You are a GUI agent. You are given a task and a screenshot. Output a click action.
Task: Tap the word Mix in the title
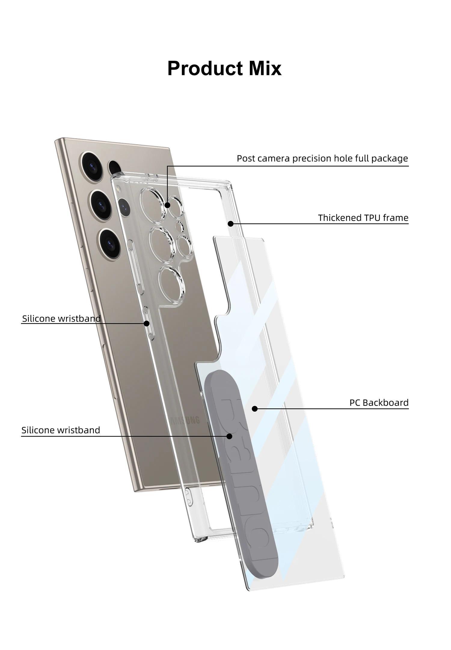coord(265,68)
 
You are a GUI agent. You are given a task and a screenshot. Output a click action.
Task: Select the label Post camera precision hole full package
coord(322,158)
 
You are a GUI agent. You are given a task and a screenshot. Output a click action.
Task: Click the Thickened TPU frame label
coord(363,218)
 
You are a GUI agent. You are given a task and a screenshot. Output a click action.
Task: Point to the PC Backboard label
coord(379,403)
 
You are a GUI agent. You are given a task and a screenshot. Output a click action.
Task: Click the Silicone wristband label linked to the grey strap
coord(61,430)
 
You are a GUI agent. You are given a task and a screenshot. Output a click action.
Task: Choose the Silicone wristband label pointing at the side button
coord(61,319)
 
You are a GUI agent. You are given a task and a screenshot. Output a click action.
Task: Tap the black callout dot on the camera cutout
coord(167,205)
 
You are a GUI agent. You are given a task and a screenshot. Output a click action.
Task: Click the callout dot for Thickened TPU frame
coord(231,224)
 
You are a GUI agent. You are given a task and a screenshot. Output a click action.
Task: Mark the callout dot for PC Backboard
coord(255,409)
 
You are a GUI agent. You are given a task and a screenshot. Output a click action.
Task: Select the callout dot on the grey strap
coord(229,436)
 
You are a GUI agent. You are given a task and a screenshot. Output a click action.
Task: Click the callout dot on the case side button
coord(146,323)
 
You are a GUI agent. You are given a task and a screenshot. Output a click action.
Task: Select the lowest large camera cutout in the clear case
coord(171,285)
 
